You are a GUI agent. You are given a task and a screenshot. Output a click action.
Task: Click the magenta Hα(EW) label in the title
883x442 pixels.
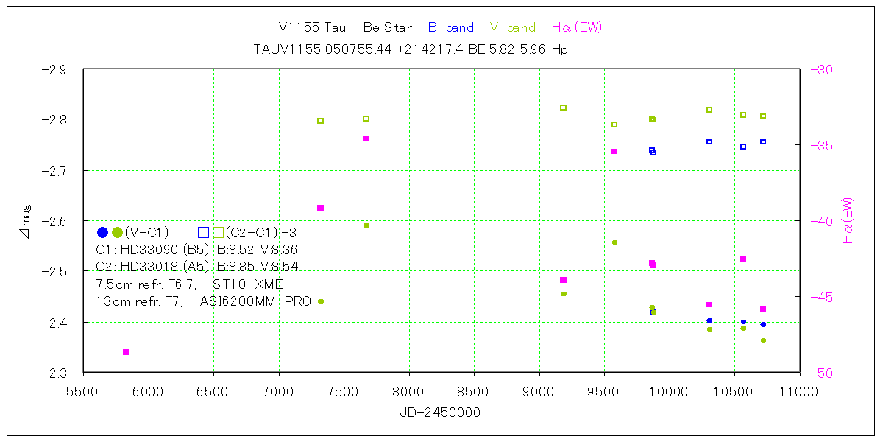point(577,28)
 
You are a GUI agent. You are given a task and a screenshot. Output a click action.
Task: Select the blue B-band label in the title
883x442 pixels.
point(450,28)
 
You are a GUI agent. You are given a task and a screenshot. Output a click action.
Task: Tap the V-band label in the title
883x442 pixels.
point(513,28)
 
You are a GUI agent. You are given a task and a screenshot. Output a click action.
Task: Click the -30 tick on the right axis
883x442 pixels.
point(820,70)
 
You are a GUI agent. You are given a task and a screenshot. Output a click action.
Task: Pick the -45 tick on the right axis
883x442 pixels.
point(820,297)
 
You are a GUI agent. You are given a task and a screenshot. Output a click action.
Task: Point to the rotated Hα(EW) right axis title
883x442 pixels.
point(848,220)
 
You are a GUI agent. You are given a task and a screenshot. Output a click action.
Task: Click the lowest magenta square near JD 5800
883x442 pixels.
point(126,352)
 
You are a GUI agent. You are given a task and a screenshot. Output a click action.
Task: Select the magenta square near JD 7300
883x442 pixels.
point(320,208)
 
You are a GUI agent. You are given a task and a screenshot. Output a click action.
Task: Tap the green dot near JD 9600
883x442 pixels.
point(614,242)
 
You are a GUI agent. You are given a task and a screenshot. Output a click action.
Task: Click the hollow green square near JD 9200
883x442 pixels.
point(563,108)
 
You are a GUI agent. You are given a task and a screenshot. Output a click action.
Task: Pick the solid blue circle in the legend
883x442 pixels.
point(102,232)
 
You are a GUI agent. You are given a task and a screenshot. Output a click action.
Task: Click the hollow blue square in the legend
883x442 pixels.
point(203,232)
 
